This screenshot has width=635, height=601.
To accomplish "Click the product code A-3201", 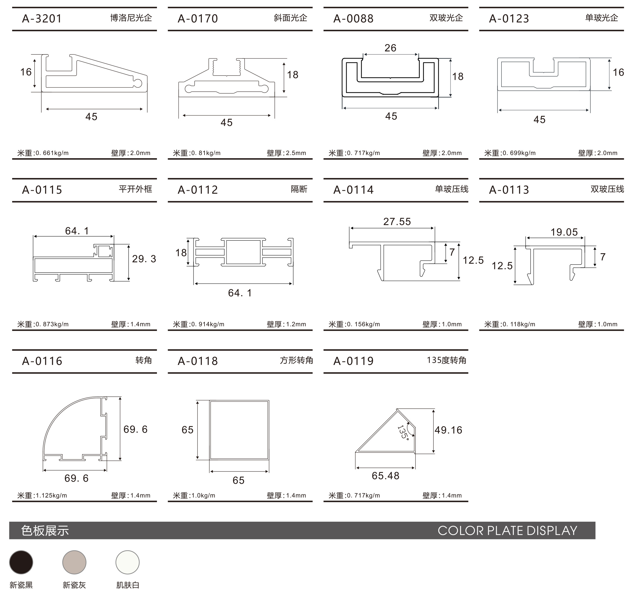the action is tap(42, 19).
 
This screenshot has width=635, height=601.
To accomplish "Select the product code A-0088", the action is tap(353, 19).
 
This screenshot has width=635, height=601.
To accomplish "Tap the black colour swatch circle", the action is tap(21, 562).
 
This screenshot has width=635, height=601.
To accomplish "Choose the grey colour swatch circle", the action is tap(74, 562).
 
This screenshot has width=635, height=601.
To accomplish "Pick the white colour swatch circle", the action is tap(127, 562).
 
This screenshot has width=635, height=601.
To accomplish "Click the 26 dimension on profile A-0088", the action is tap(390, 48).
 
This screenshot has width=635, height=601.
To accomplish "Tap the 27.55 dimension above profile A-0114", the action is tap(397, 221).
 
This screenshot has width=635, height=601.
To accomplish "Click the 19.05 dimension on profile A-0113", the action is tap(564, 232).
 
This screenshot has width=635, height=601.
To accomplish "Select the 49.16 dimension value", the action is tap(448, 430).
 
